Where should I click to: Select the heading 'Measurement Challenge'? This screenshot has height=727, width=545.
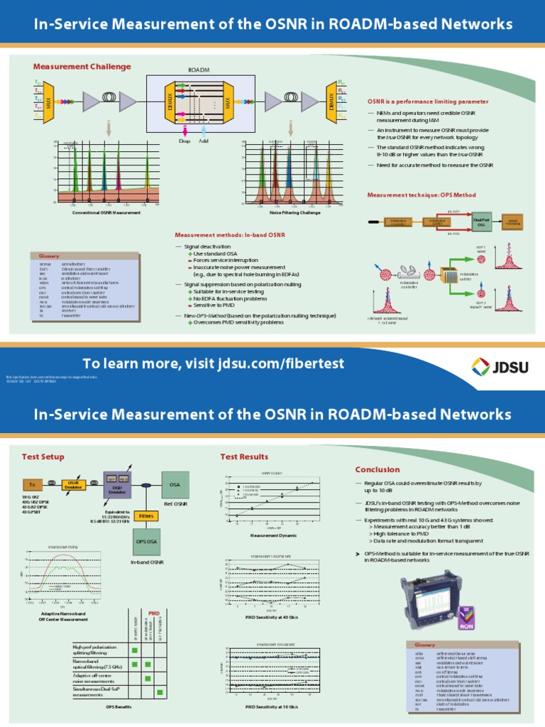click(x=82, y=67)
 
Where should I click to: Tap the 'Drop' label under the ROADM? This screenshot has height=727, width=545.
click(x=185, y=141)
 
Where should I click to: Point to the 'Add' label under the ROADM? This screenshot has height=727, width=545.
click(x=204, y=141)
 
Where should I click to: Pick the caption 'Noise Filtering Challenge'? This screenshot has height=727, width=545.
click(x=291, y=212)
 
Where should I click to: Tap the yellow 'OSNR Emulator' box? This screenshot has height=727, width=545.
click(x=73, y=484)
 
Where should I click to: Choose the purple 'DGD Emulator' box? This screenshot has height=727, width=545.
click(x=117, y=483)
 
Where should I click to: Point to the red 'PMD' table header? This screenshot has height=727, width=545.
click(x=153, y=612)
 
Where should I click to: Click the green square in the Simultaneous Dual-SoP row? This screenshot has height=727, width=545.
click(x=160, y=692)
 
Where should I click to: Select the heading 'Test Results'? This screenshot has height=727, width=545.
click(x=244, y=457)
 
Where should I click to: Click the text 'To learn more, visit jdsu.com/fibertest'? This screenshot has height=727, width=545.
click(x=213, y=363)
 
